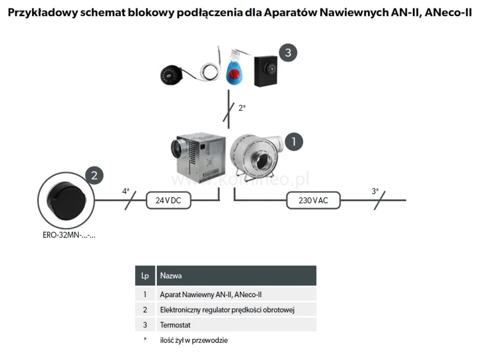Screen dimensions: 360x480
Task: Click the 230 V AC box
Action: pos(314,200)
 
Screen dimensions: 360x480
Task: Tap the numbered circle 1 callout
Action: pos(293,141)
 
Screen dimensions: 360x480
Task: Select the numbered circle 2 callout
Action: pos(93,175)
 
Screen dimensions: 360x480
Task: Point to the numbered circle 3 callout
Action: pos(287,53)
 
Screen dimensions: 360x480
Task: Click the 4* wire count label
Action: pos(126,191)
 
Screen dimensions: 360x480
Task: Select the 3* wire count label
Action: pos(375,191)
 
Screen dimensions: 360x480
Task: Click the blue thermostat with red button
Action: pos(234,71)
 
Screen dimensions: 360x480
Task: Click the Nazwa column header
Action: pos(171,276)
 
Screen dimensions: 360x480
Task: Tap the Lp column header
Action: pos(145,276)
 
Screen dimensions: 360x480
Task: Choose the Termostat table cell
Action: pos(175,325)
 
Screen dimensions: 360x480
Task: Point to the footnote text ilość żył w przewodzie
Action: pos(194,340)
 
